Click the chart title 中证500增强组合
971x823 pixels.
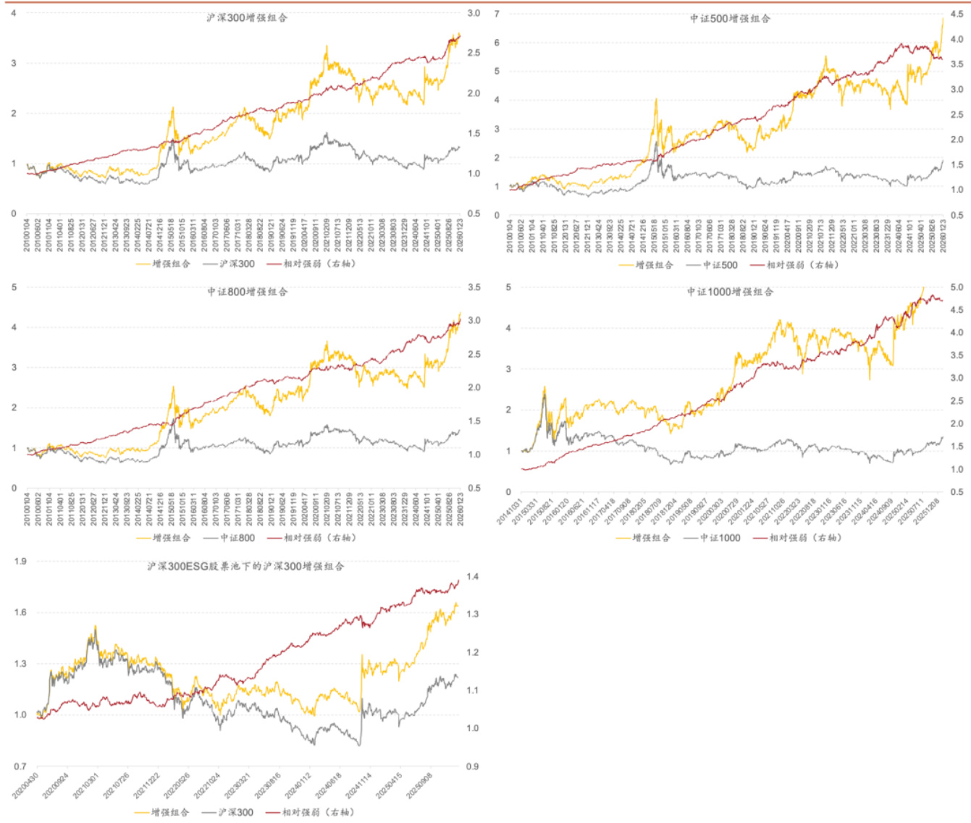tap(729, 18)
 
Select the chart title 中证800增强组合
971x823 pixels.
tap(247, 292)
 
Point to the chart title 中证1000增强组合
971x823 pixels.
tap(730, 292)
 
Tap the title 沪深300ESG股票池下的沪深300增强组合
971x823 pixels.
tap(245, 566)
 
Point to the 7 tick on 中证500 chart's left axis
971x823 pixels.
tap(497, 14)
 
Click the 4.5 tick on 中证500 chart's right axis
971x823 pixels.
tap(957, 14)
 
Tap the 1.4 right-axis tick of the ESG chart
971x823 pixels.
tap(472, 577)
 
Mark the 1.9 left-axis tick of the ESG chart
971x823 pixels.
tap(20, 561)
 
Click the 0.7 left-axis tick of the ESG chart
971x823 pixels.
tap(20, 766)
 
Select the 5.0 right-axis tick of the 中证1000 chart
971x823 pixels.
tap(957, 287)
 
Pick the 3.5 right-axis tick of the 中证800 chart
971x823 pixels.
tap(474, 287)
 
